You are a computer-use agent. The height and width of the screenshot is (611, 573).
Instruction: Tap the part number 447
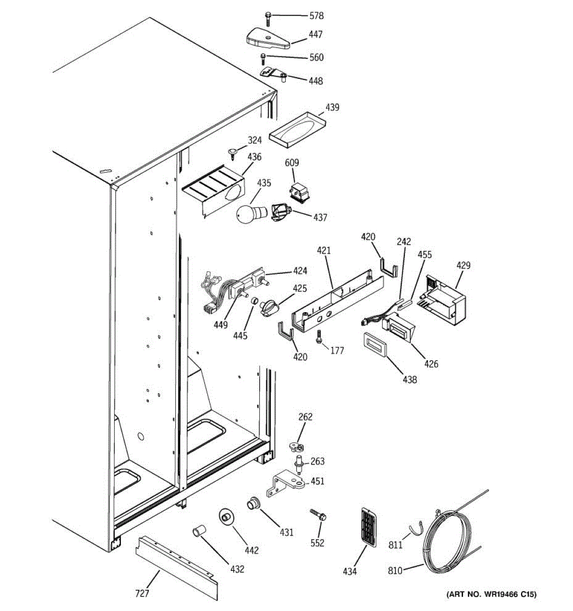point(315,35)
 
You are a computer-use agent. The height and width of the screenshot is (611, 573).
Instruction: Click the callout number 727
point(142,593)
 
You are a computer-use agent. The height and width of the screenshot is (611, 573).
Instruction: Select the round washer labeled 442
point(226,516)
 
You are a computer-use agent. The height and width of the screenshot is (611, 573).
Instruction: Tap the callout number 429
point(463,265)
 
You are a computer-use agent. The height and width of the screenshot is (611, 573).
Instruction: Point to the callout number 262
point(305,417)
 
